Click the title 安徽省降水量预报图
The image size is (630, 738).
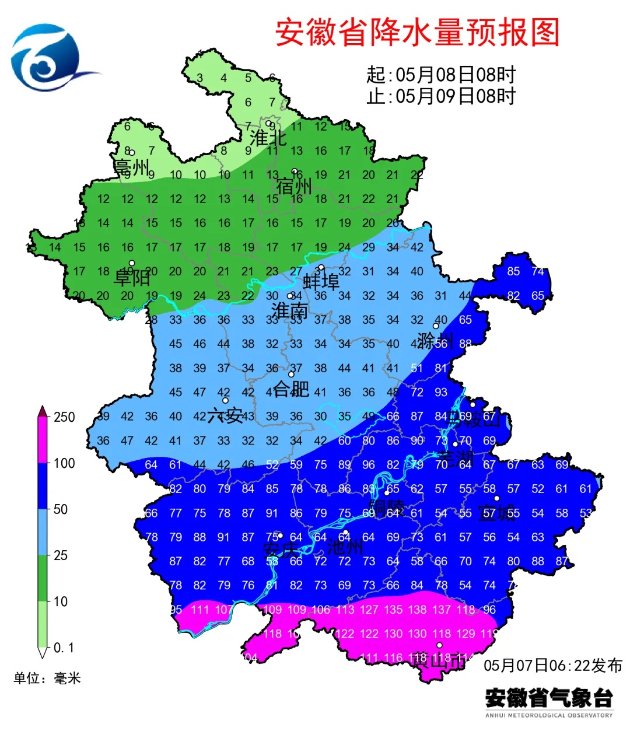pos(417,33)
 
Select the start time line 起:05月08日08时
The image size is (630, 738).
pos(441,75)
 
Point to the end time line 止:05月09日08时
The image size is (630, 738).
pos(441,96)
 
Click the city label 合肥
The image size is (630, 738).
pos(291,389)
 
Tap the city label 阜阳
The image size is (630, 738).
pos(131,278)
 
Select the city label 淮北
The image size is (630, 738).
pos(268,138)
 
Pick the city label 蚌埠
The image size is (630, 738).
pos(321,282)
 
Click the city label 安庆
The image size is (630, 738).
pos(281,550)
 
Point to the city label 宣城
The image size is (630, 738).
pos(496,513)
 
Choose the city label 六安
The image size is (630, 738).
pos(225,415)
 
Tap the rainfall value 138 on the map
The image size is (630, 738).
pos(417,610)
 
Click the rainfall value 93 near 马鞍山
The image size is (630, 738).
pos(441,393)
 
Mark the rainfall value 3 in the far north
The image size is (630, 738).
pos(199,78)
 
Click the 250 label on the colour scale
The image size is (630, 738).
pos(64,417)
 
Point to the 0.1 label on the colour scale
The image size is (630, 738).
pos(64,648)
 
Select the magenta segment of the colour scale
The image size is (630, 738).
pos(43,440)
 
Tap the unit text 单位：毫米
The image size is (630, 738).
pos(47,678)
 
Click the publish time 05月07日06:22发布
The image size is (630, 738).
pos(552,665)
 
